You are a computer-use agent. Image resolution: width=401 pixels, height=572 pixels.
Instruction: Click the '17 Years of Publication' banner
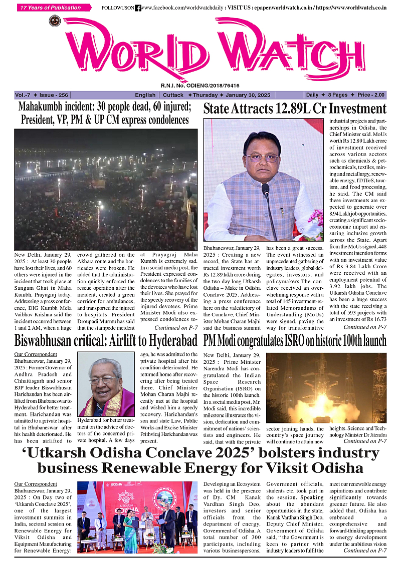click(54, 8)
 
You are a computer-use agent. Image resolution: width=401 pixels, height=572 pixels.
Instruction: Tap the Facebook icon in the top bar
click(138, 8)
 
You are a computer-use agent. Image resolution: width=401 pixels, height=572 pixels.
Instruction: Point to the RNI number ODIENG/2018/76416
click(200, 86)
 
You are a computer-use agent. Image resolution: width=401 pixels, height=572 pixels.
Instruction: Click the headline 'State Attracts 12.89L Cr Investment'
click(295, 109)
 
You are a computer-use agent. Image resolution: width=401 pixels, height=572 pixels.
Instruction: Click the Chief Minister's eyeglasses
click(263, 157)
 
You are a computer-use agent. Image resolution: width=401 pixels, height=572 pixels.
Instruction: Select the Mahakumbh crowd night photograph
click(106, 190)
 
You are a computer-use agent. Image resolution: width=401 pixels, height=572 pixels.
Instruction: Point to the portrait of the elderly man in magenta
click(106, 383)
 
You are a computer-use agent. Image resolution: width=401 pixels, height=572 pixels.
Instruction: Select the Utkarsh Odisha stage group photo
click(137, 517)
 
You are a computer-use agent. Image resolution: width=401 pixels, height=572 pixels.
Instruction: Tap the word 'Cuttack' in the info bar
click(173, 95)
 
